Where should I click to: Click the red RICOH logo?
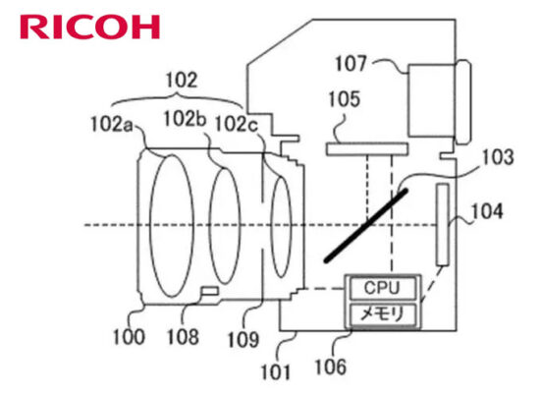90,27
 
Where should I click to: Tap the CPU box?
383,288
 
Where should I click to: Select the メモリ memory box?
383,314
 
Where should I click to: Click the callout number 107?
351,64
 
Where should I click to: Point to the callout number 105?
345,99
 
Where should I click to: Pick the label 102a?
111,124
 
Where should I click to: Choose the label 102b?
185,119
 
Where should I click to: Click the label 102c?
237,124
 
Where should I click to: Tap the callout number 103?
499,157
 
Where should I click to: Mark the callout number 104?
487,211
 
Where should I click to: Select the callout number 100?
129,337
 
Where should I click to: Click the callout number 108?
183,337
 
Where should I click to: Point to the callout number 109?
243,339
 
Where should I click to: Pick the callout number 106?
331,367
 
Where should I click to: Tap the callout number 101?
276,372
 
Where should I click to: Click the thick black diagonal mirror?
366,225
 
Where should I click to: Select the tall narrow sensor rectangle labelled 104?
443,225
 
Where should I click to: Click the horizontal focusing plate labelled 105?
367,149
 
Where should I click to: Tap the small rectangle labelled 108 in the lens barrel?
210,291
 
